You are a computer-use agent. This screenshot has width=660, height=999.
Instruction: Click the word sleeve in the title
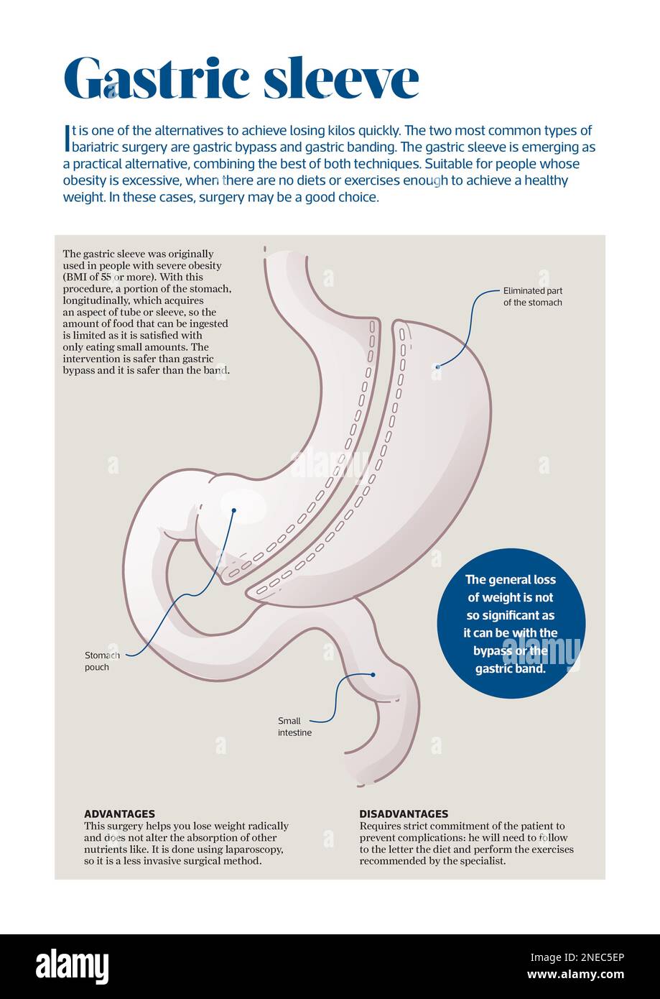tap(340, 79)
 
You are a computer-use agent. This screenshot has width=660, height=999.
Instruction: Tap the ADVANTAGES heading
tap(119, 814)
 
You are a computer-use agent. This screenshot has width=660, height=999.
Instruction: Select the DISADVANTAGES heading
tap(404, 814)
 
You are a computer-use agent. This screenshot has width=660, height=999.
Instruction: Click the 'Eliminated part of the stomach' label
tap(532, 297)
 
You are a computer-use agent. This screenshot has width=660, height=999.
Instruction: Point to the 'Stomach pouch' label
tap(97, 661)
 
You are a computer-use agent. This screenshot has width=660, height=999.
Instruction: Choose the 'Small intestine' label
tap(294, 727)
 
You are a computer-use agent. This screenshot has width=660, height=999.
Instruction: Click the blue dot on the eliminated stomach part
tap(437, 367)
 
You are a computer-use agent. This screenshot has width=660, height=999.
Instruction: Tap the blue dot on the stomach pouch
tap(233, 511)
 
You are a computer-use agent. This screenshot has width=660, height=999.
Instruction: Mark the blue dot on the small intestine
tap(373, 675)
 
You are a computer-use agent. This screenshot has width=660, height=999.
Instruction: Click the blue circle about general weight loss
tap(511, 623)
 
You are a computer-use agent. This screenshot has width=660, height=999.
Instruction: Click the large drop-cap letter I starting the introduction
tap(67, 138)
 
